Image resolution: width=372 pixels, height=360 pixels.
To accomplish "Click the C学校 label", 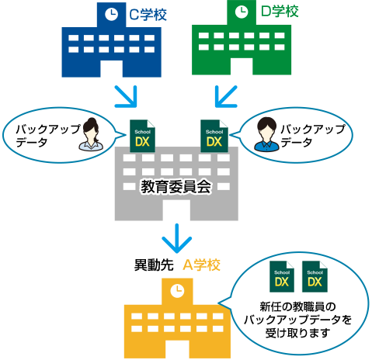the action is click(148, 14).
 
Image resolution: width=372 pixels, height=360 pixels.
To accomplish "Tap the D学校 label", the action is click(280, 11).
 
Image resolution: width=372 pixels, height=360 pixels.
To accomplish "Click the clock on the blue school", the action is click(112, 14).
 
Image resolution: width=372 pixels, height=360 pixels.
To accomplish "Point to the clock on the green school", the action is click(242, 12).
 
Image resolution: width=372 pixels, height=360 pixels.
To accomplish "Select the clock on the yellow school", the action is click(177, 291).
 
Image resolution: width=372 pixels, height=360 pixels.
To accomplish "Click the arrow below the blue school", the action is click(126, 96).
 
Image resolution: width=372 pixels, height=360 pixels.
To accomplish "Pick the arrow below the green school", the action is click(226, 96).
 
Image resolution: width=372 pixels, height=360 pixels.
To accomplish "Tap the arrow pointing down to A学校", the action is click(177, 238).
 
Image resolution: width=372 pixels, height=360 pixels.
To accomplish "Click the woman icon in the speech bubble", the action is click(91, 134).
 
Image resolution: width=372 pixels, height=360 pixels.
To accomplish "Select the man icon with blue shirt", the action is click(266, 134).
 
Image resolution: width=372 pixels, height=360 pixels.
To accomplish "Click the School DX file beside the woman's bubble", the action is click(142, 136).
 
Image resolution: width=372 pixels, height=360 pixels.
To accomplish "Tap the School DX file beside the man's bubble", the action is click(214, 136).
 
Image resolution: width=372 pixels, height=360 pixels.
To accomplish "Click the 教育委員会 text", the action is click(176, 187).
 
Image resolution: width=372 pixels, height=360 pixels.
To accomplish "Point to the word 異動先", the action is click(154, 265).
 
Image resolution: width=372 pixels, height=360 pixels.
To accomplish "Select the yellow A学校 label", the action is click(201, 265).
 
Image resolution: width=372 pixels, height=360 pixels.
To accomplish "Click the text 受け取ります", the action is click(297, 333).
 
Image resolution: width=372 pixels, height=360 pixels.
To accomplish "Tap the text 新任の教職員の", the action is click(297, 307).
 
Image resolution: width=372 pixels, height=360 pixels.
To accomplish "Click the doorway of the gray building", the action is click(176, 210).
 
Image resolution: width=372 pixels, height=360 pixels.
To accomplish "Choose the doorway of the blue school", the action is click(111, 69).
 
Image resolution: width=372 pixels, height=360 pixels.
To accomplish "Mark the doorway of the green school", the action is click(242, 67).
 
